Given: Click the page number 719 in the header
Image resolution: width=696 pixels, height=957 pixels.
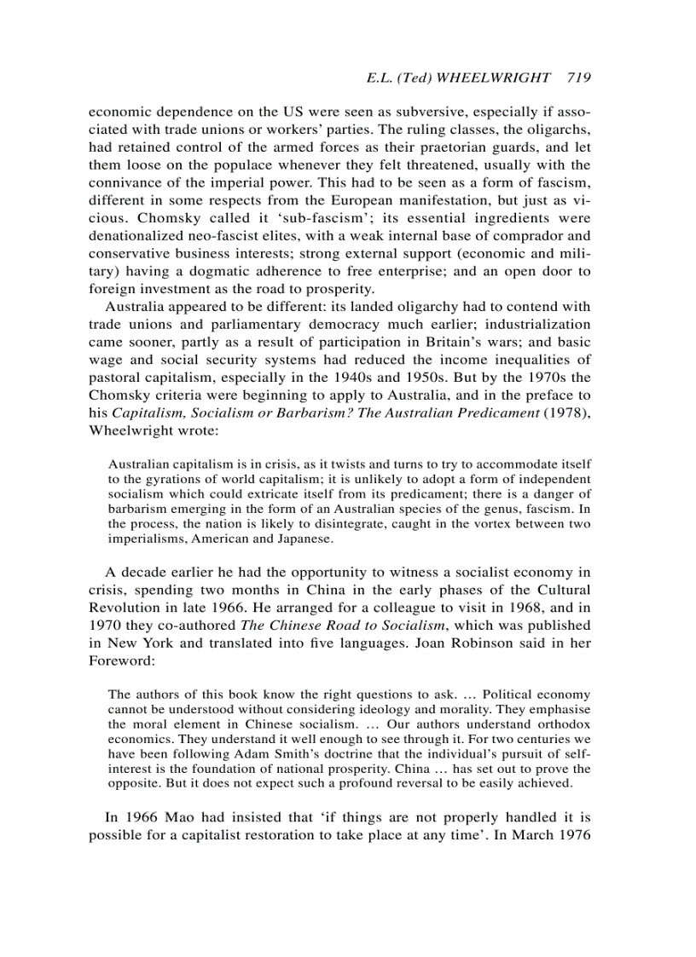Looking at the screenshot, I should [578, 78].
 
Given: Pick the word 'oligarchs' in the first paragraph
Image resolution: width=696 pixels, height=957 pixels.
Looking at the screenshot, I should [560, 129].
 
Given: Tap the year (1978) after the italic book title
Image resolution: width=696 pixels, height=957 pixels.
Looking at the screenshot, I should [565, 413].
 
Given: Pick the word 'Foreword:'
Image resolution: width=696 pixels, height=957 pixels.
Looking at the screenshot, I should [119, 660].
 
